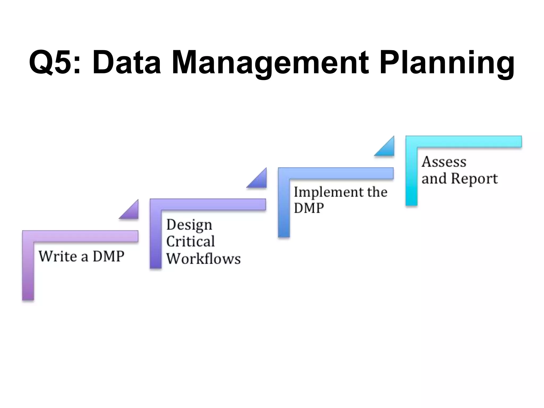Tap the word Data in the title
click(127, 63)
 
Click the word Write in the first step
click(58, 256)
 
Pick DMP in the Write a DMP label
click(109, 256)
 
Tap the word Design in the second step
click(189, 225)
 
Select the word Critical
click(190, 241)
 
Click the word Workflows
click(203, 258)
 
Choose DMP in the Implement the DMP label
click(309, 208)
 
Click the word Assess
click(444, 162)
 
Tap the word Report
click(474, 178)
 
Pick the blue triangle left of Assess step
click(387, 148)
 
